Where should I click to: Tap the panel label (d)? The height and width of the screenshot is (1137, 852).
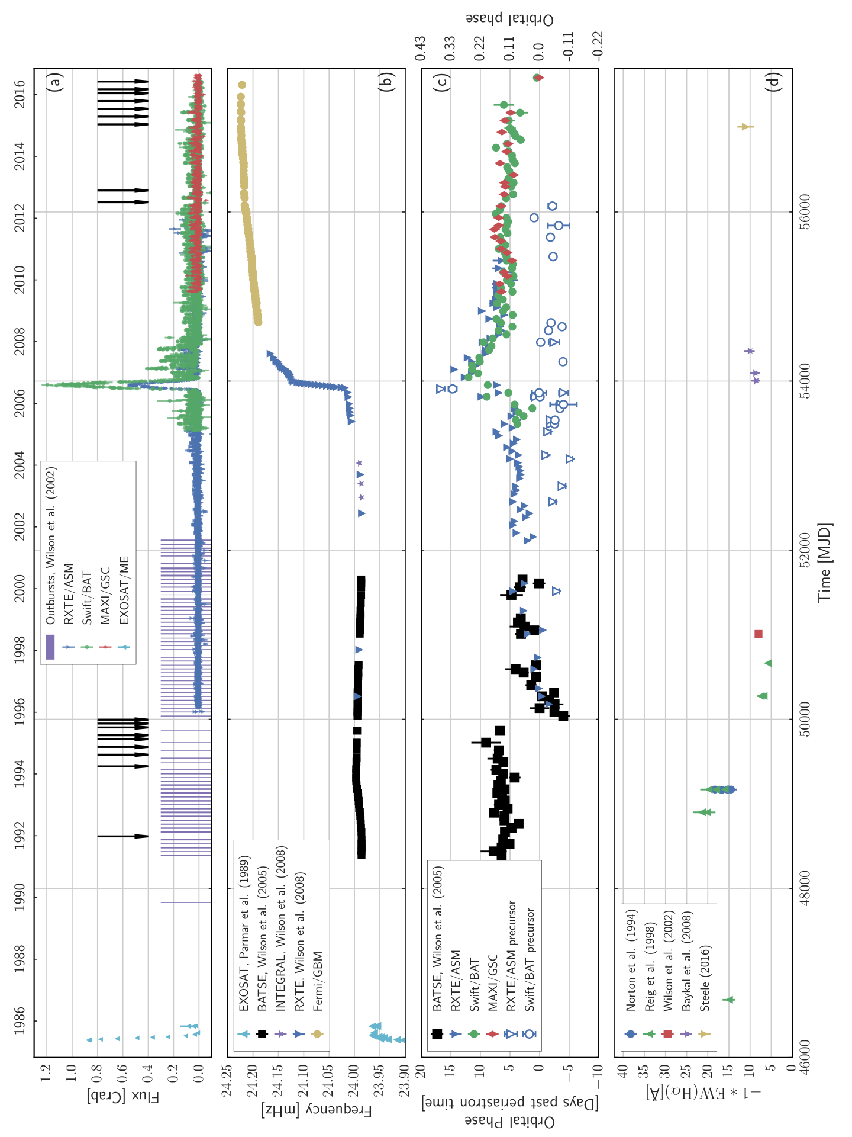[773, 81]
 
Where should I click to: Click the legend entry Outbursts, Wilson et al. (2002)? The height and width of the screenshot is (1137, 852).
[51, 545]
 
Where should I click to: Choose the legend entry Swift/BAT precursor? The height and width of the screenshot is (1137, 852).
[531, 959]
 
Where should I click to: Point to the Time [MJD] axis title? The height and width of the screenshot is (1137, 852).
[825, 563]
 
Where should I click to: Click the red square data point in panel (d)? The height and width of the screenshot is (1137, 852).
[759, 634]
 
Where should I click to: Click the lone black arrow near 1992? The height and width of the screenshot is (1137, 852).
[123, 836]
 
